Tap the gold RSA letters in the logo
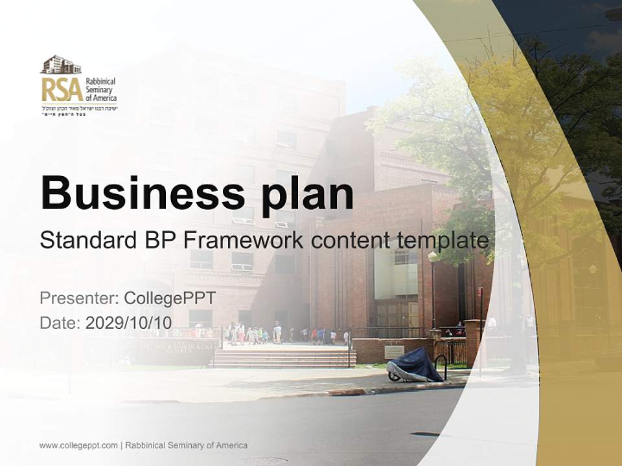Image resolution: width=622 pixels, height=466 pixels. click(62, 89)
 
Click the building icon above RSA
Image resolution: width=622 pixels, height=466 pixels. click(61, 65)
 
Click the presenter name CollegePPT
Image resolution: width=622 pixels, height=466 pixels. click(169, 298)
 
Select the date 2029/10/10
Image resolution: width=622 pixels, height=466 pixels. click(128, 322)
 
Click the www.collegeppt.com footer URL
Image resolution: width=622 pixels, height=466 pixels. click(78, 445)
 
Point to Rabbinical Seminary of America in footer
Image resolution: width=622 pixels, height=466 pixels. click(186, 445)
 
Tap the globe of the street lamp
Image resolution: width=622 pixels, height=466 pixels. click(432, 257)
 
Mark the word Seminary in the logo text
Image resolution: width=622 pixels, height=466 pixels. click(101, 89)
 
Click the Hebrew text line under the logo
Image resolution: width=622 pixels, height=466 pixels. click(79, 107)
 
